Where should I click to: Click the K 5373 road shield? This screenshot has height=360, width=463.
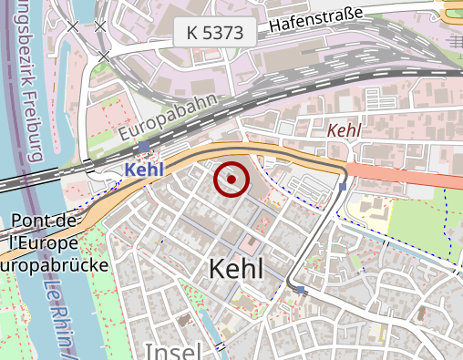215,33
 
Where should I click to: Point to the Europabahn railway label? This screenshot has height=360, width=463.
173,116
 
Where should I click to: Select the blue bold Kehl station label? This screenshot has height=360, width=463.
144,169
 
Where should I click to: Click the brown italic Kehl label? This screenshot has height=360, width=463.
344,130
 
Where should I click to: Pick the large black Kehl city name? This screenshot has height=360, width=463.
236,269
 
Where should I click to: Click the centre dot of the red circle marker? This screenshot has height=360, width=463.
231,180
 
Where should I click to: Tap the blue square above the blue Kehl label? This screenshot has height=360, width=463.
144,147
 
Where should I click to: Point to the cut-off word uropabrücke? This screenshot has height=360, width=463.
54,265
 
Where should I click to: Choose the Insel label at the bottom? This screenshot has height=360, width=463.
173,352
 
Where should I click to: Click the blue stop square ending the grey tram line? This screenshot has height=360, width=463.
300,290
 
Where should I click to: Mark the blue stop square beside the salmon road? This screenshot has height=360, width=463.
343,188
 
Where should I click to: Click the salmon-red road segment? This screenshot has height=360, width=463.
401,174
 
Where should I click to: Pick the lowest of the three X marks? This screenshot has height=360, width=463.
104,57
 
